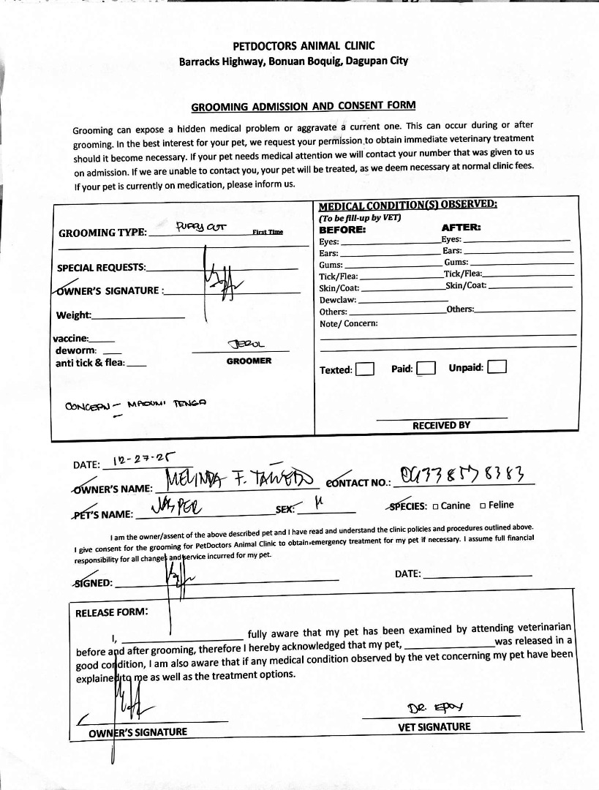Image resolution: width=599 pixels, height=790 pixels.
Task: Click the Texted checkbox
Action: (365, 369)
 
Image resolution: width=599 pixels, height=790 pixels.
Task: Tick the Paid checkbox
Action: (426, 368)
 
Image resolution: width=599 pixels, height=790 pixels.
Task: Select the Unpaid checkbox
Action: (497, 366)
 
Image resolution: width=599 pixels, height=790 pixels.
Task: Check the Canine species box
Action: (435, 505)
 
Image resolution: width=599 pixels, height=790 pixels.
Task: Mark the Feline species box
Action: (483, 505)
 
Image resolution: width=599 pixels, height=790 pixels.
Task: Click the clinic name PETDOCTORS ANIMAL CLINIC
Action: (293, 45)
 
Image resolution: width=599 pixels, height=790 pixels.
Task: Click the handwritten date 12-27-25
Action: (146, 461)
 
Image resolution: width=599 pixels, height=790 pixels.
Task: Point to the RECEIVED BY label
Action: (441, 425)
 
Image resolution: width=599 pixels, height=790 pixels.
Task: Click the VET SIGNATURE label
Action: (434, 726)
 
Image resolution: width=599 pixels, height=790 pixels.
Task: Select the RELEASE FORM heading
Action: (112, 612)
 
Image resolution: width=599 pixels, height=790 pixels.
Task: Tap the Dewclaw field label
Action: (338, 300)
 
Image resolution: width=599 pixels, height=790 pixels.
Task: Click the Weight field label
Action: (74, 315)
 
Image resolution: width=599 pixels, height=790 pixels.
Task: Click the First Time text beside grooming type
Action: (268, 232)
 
